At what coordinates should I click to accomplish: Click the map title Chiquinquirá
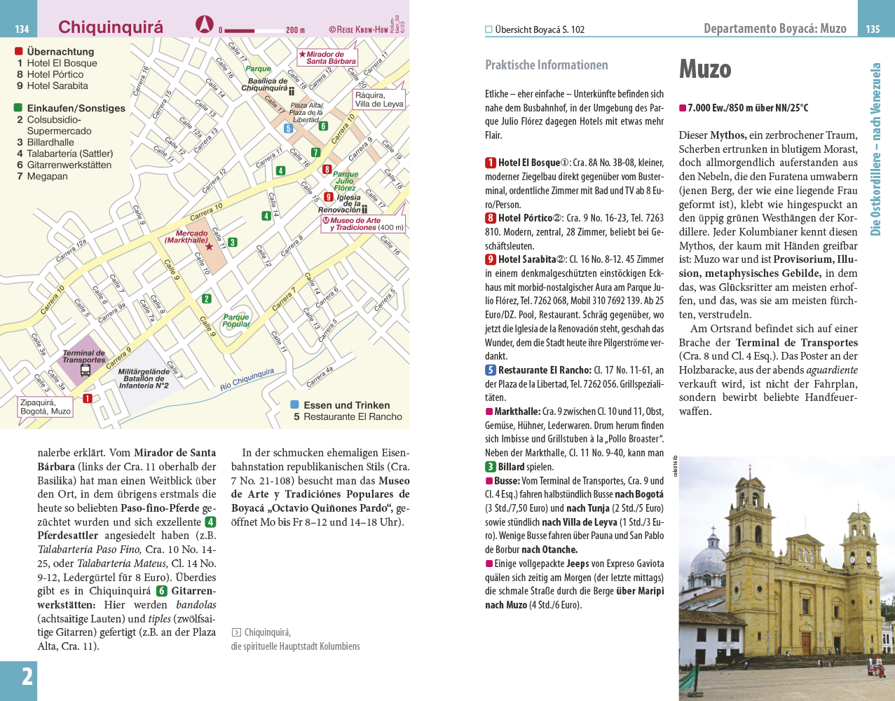click(110, 27)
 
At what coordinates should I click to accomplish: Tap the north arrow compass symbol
click(204, 25)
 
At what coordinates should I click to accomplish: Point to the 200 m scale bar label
click(295, 30)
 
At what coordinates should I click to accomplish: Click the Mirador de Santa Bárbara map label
click(328, 57)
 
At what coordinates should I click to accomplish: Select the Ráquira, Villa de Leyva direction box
click(379, 100)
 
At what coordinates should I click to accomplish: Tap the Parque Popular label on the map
click(236, 320)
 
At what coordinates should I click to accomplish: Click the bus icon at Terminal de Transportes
click(86, 369)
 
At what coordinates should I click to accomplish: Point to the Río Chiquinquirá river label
click(247, 379)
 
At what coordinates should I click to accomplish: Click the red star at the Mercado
click(209, 247)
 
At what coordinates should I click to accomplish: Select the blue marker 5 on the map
click(288, 128)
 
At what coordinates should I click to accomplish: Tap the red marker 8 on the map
click(327, 169)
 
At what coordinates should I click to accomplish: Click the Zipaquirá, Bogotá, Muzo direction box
click(46, 407)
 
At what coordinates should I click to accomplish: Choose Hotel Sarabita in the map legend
click(57, 86)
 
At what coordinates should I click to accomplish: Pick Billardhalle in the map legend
click(50, 142)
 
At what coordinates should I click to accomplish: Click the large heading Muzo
click(705, 69)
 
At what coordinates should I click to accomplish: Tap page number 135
click(873, 29)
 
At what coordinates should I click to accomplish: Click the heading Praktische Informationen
click(547, 65)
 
